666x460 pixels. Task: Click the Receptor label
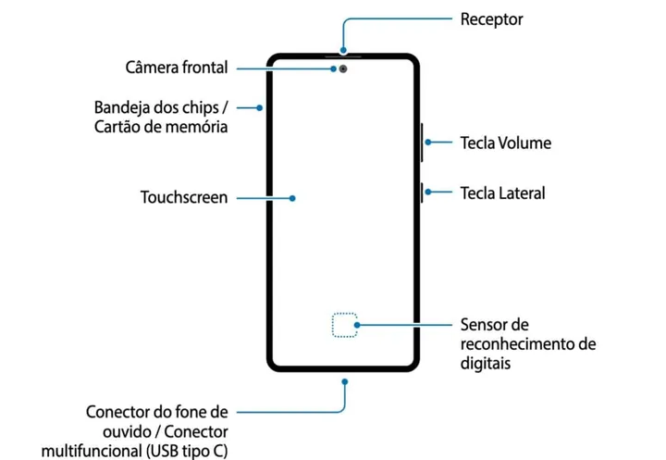tap(491, 19)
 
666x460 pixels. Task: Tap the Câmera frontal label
tap(177, 68)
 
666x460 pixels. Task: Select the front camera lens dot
tap(344, 68)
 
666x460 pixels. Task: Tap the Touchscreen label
tap(184, 197)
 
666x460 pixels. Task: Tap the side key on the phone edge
tap(422, 193)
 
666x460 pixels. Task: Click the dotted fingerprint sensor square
tap(344, 325)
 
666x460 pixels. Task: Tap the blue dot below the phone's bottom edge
tap(344, 379)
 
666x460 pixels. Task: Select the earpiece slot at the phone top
tap(344, 56)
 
